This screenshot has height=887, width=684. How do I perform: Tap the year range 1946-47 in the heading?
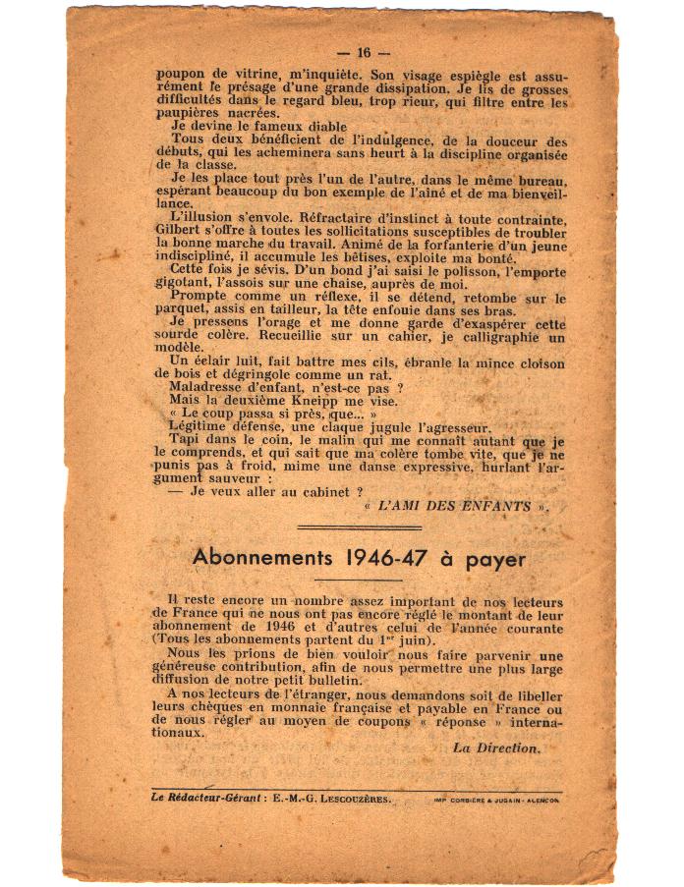click(394, 556)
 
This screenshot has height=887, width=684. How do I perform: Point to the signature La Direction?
click(496, 748)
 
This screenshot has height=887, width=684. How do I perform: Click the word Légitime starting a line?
click(198, 427)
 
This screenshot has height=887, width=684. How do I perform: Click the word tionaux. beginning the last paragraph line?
click(180, 732)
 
